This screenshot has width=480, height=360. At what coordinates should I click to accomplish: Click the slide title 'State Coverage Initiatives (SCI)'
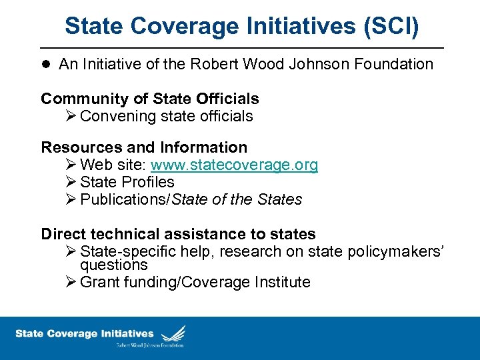coord(242,26)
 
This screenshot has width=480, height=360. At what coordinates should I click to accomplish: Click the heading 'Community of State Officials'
coord(150,99)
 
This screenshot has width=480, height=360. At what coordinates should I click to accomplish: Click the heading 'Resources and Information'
coord(144,147)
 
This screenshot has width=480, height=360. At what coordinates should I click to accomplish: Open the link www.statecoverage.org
coord(235,165)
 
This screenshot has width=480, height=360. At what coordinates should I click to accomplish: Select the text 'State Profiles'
coord(127,182)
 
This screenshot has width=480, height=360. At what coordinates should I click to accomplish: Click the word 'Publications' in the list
coord(124,199)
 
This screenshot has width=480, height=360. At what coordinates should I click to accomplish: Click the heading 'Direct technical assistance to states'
coord(178,234)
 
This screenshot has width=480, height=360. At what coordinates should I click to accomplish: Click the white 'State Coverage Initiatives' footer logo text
coord(85,333)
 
